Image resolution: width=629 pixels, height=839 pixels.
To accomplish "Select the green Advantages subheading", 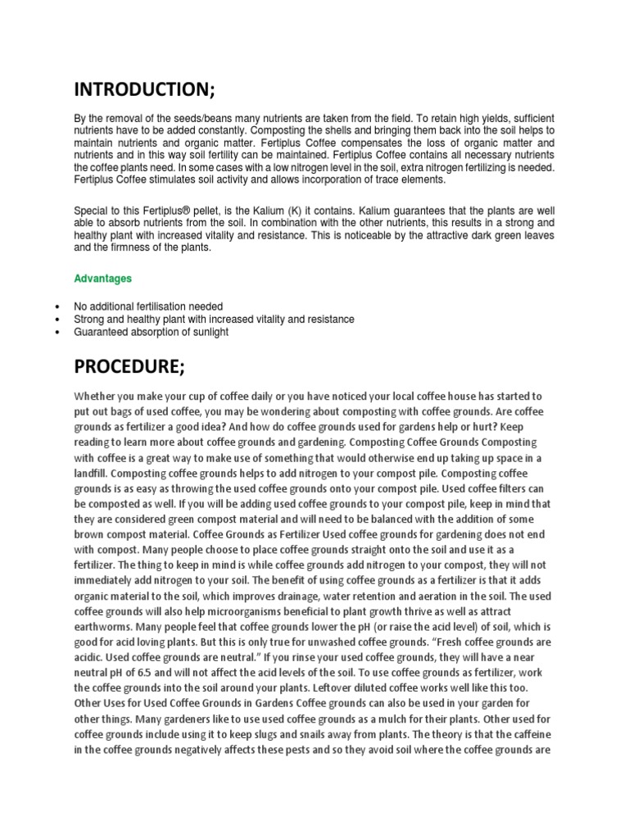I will coord(102,279).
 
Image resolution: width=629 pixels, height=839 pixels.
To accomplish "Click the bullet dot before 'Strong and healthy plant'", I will coord(55,320).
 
